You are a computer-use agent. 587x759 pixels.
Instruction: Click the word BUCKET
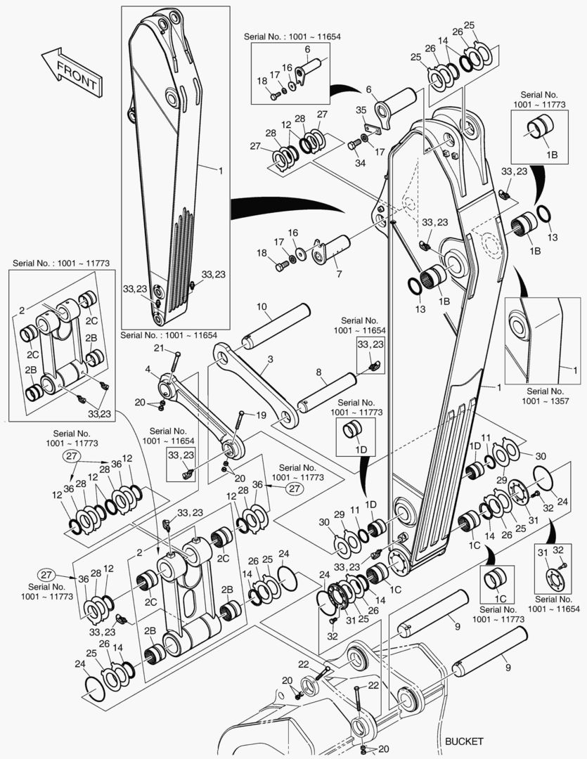point(464,741)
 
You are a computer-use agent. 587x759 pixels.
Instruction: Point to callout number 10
point(262,307)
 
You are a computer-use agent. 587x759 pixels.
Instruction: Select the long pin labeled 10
point(278,326)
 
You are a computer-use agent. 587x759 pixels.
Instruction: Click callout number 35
point(361,110)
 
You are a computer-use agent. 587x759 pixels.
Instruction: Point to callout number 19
point(261,415)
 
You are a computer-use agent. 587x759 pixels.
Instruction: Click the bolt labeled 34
point(351,145)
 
